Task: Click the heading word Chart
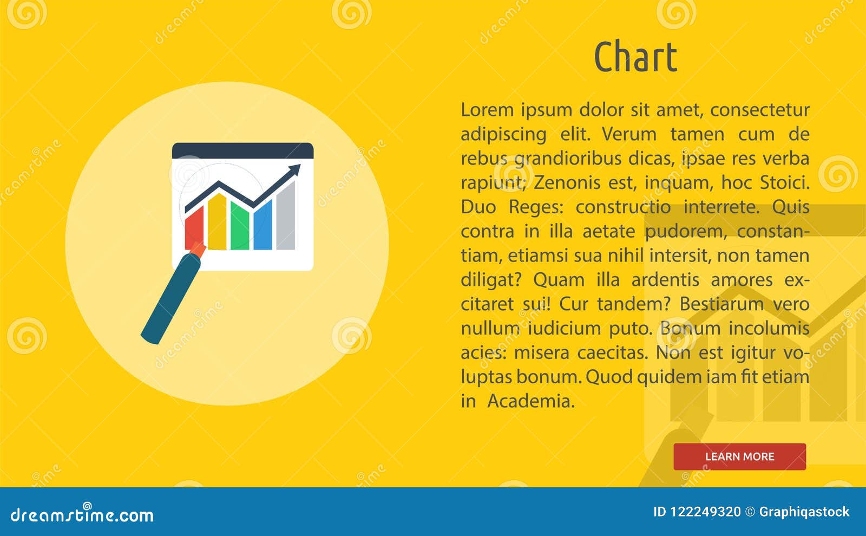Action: (635, 57)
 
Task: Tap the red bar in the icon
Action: (194, 227)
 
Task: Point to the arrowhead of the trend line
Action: (294, 171)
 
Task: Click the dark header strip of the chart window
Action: (242, 151)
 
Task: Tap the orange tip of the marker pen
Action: (198, 250)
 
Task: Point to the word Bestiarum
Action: (721, 304)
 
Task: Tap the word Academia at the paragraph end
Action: (530, 401)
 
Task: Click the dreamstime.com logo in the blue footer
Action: (82, 514)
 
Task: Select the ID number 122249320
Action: (705, 512)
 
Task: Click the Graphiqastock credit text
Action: (804, 512)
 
